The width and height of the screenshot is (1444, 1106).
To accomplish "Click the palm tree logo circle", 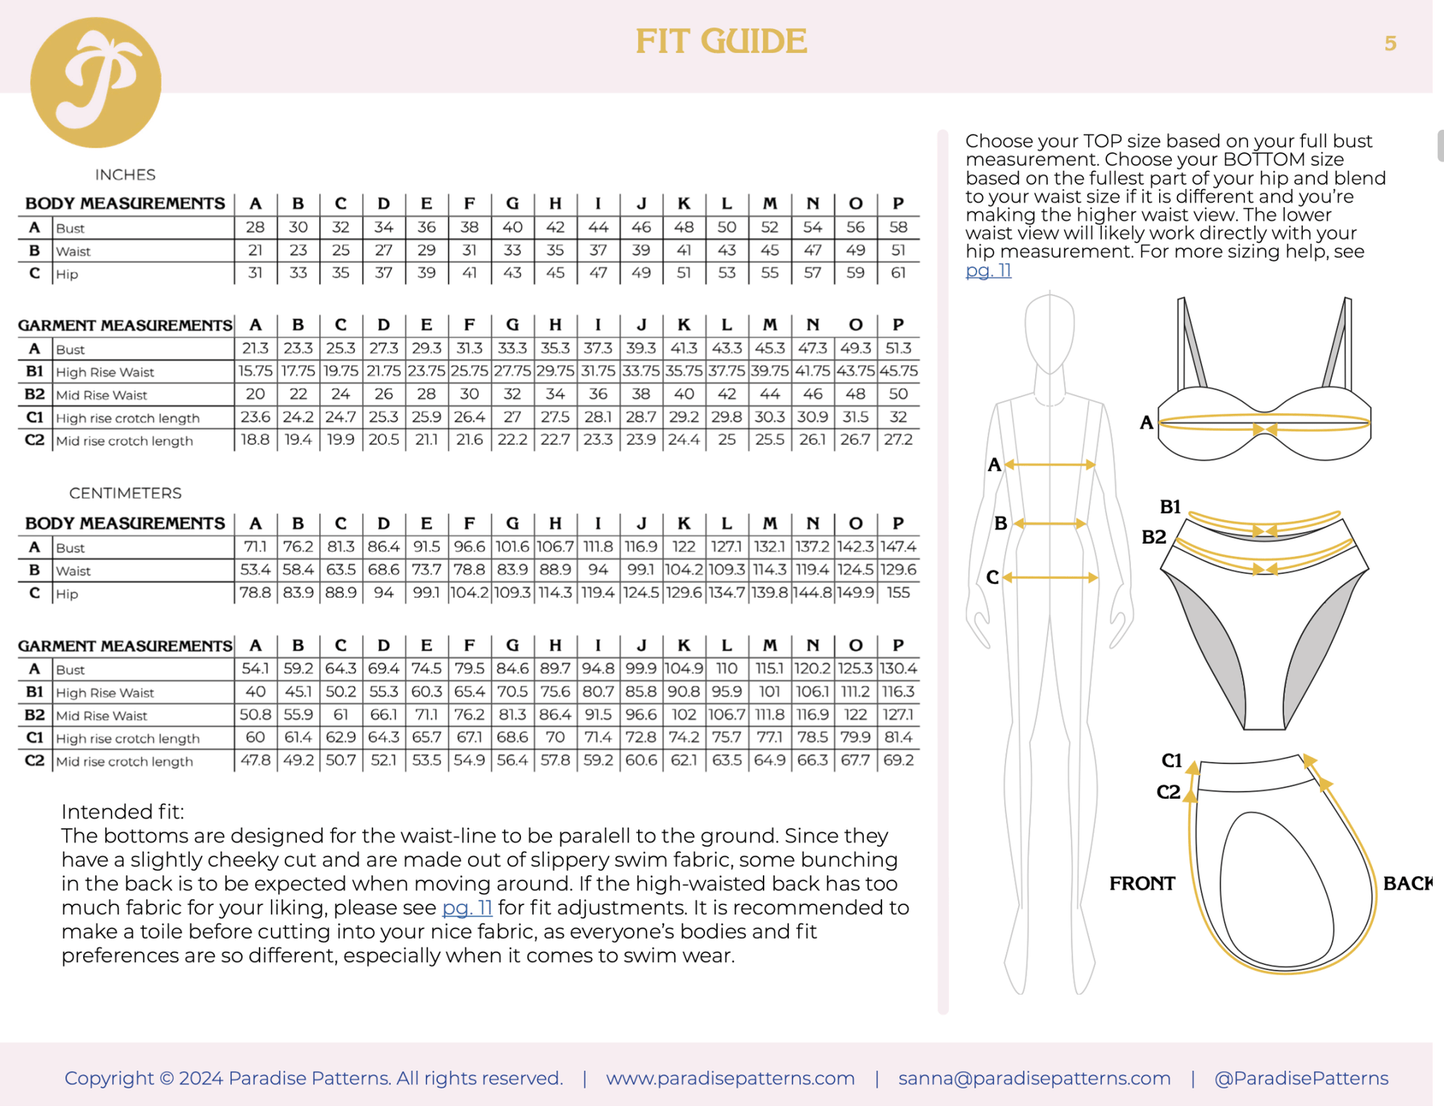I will point(95,82).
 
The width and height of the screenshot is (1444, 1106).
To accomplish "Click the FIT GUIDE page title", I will point(721,41).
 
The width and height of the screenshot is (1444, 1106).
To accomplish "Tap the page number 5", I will point(1390,44).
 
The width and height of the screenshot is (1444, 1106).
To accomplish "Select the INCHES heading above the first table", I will point(125,174).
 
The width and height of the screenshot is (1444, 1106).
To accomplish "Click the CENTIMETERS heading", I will point(125,493).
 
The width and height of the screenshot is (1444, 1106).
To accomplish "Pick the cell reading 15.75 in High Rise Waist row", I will point(255,371).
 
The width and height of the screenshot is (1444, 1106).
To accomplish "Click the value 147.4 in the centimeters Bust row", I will point(898,547).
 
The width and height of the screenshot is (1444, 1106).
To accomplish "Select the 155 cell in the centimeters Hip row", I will point(898,593).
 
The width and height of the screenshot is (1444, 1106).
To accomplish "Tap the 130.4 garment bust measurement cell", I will point(898,668).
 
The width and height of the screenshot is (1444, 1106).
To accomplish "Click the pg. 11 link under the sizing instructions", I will point(988,270).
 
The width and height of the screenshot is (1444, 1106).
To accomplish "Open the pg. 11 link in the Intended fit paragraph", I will point(467,907).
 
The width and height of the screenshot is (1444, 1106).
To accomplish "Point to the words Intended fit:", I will point(122,812).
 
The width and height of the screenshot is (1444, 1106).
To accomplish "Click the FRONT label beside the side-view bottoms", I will point(1141,883).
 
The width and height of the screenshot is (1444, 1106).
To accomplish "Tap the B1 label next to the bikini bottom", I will point(1169,507).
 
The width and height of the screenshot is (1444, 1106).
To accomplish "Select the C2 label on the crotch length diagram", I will point(1168,792).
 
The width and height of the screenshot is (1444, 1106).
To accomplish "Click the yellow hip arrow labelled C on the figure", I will point(1050,577).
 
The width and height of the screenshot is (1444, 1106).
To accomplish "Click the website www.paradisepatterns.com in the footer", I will point(730,1078).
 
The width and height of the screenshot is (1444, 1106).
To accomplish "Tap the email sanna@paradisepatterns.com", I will point(1034,1078).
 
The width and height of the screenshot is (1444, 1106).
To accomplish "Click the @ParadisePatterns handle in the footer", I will point(1301,1078).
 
